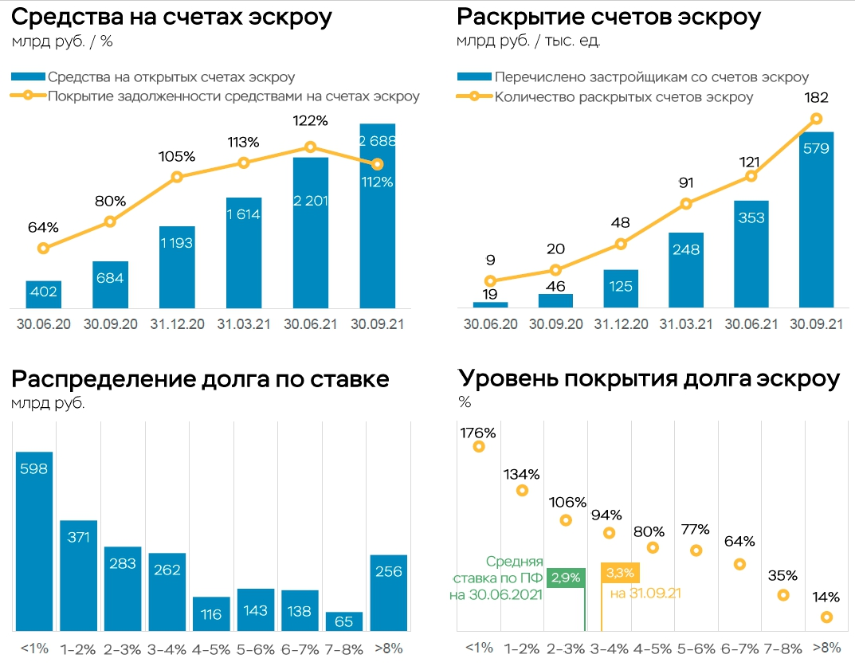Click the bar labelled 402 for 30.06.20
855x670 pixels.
tap(43, 294)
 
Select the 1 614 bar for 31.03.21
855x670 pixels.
tap(243, 253)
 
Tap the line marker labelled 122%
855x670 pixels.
tap(311, 147)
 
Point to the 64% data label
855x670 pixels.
tap(43, 227)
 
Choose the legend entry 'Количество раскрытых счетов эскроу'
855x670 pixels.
tap(623, 97)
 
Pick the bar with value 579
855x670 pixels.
tap(816, 219)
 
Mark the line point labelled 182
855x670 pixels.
tap(816, 119)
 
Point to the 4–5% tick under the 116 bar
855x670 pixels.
tap(211, 649)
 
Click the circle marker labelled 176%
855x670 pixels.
tap(479, 447)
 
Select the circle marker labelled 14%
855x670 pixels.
tap(827, 617)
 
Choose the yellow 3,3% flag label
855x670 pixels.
tap(620, 573)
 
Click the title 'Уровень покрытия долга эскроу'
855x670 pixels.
tap(649, 379)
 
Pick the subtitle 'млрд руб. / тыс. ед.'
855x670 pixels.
tap(528, 41)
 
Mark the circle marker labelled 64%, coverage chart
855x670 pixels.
tap(739, 564)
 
